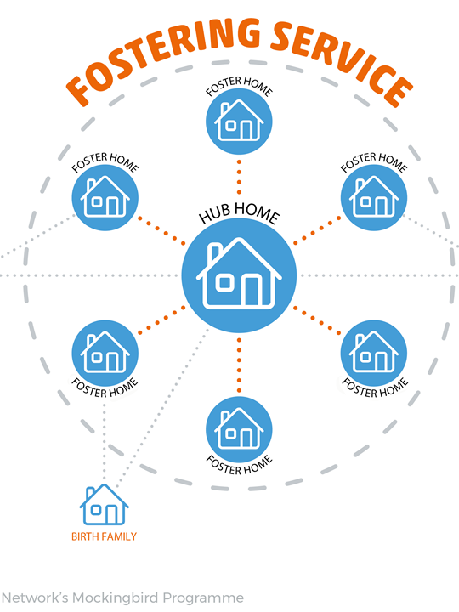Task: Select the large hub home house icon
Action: (239, 275)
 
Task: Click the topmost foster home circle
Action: (239, 121)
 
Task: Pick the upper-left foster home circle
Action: (105, 197)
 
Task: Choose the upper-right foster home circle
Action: (374, 197)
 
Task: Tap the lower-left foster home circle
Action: (105, 354)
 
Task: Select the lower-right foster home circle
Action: (374, 354)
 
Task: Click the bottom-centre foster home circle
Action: (239, 429)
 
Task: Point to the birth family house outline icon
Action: (105, 504)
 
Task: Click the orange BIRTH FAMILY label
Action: (105, 536)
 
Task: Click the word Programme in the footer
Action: (203, 598)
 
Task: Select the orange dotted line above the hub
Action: (239, 177)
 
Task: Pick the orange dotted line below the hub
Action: (239, 365)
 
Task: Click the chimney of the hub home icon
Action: (215, 252)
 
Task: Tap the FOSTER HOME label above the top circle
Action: (239, 86)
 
